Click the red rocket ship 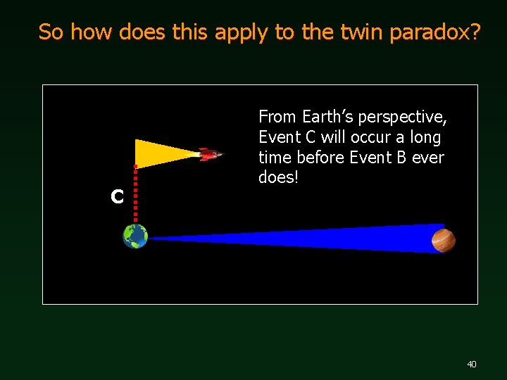(209, 154)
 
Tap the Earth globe (135, 236)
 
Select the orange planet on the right (444, 240)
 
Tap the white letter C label (117, 197)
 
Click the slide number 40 (471, 364)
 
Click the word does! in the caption (279, 177)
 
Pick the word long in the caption (425, 137)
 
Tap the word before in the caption (317, 157)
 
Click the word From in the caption (277, 116)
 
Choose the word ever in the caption (428, 157)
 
